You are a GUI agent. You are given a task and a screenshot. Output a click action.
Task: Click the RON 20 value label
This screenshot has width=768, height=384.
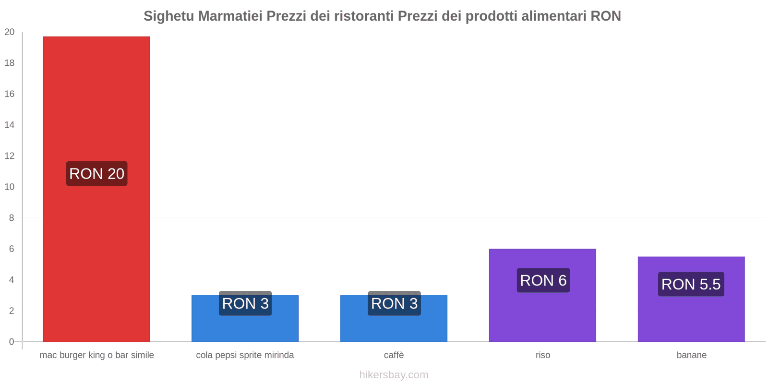(96, 174)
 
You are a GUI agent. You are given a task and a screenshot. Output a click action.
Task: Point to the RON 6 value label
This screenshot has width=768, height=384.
(543, 280)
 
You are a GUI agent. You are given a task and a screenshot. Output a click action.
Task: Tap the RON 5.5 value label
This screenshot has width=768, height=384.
(691, 284)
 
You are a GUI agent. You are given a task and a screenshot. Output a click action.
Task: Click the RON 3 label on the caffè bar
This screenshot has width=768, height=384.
(394, 303)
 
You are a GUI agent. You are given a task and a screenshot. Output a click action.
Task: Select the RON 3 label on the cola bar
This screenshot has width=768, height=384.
(245, 303)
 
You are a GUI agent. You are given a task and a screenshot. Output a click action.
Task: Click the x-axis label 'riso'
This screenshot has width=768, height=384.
(543, 355)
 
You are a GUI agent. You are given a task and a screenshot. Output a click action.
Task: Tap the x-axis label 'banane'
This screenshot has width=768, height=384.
(691, 355)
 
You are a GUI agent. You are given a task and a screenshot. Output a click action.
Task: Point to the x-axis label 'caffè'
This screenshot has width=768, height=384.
(394, 355)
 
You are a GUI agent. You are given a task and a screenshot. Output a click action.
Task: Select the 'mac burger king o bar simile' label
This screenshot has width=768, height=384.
(96, 355)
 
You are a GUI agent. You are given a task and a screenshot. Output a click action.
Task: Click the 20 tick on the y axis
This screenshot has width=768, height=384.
(10, 32)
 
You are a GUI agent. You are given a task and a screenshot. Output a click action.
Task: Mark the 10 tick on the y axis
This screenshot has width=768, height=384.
(10, 187)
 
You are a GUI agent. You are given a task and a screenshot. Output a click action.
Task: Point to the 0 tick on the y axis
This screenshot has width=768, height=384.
(12, 342)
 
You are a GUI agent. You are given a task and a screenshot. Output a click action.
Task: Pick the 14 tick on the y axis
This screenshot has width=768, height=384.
(10, 125)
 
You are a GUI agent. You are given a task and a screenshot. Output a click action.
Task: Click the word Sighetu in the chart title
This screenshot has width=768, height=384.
(169, 16)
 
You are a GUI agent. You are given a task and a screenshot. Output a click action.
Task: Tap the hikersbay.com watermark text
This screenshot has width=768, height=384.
(394, 375)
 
